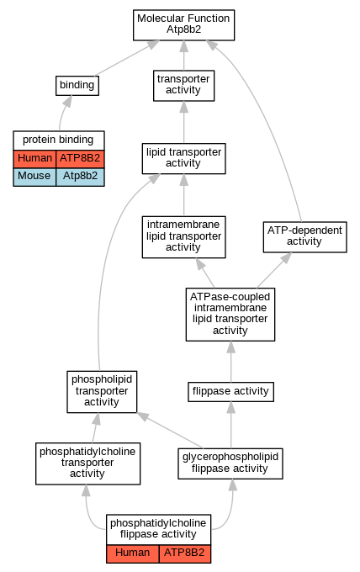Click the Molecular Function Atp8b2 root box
183,24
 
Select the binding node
77,86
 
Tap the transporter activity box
183,86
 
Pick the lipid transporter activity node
183,158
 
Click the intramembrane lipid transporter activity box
183,237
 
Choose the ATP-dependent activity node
305,236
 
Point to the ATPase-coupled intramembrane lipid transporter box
230,315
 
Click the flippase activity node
230,392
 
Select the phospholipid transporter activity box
102,392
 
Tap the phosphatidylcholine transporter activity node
87,463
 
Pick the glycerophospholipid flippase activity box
230,463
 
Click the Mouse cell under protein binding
34,177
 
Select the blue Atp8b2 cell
80,177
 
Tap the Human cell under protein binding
34,159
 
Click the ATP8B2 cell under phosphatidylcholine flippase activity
184,553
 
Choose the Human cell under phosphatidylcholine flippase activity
133,553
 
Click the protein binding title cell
59,140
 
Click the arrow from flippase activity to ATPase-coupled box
230,362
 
